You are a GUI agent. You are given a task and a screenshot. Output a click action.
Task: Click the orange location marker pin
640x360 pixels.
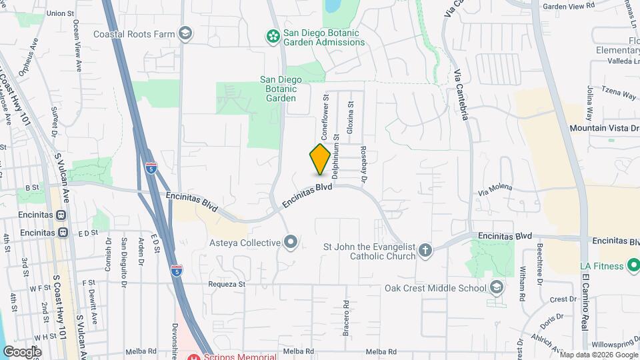coord(320,159)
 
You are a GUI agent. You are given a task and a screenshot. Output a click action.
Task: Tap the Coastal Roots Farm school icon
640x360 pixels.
coord(185,34)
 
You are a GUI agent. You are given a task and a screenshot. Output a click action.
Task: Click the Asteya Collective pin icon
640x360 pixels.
coord(290,242)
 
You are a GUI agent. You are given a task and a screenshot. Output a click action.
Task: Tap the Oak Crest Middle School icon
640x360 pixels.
coord(495,287)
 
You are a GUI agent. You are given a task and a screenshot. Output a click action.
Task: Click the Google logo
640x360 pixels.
coord(22,351)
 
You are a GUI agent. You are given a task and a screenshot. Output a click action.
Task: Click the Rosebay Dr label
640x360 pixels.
coord(365,165)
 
